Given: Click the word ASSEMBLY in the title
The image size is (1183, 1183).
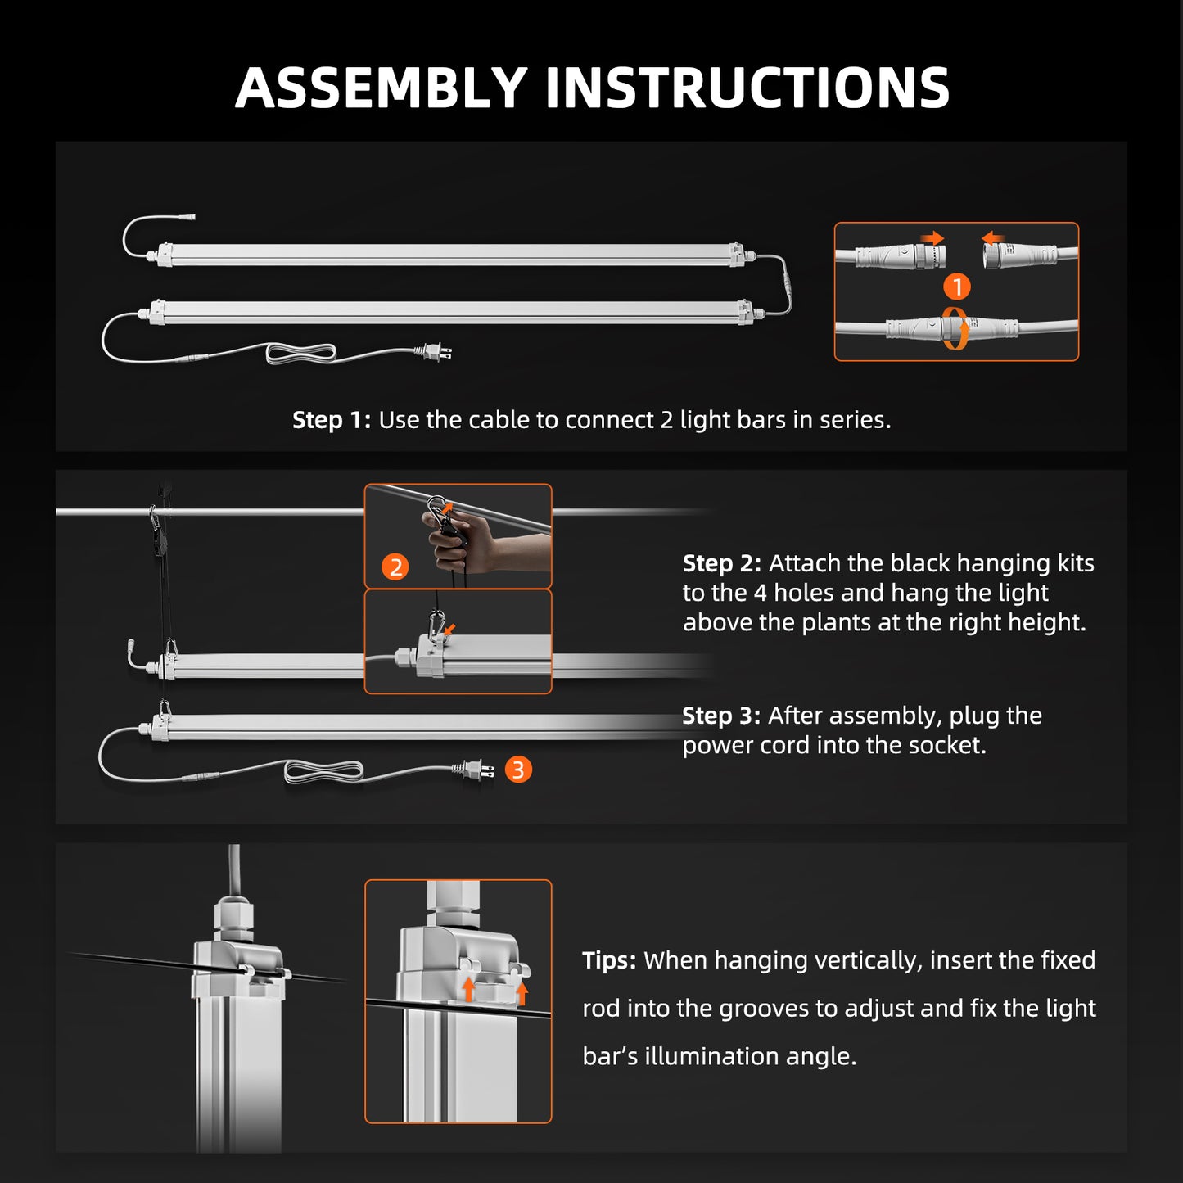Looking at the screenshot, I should click(x=381, y=88).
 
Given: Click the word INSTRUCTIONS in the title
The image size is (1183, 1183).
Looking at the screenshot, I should click(x=747, y=88).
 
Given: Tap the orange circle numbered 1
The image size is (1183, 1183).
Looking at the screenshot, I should click(x=956, y=287).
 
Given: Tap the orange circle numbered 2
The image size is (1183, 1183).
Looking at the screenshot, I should click(x=395, y=567).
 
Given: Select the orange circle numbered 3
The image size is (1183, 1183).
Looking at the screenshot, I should click(x=518, y=770).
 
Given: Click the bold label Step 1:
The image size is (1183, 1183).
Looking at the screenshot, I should click(x=331, y=420).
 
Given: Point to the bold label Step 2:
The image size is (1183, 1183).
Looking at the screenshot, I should click(x=721, y=563).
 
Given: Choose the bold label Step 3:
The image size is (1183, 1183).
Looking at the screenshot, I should click(x=720, y=716).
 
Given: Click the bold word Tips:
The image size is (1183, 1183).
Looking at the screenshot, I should click(x=608, y=960).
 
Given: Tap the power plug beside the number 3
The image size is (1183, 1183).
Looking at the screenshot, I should click(x=475, y=770).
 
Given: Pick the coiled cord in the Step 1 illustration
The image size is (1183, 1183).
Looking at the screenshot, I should click(x=301, y=354).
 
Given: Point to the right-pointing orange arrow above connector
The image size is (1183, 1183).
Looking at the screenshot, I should click(x=932, y=238).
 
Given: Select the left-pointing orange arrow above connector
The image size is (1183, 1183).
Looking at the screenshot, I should click(x=993, y=238).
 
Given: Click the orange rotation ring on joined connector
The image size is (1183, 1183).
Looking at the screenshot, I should click(x=955, y=329).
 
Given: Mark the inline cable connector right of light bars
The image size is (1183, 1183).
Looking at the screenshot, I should click(x=788, y=287).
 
